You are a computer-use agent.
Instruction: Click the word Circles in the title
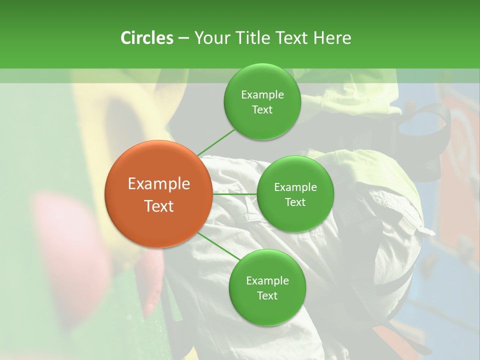[x=147, y=38]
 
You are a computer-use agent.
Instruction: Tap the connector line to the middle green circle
[x=234, y=193]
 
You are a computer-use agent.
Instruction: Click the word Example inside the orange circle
[x=159, y=184]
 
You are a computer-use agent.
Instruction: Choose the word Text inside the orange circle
[x=159, y=206]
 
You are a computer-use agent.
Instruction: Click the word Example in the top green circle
[x=262, y=95]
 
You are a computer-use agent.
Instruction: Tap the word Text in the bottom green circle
[x=267, y=295]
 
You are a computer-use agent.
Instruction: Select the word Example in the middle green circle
[x=295, y=187]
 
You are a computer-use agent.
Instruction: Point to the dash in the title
[x=183, y=38]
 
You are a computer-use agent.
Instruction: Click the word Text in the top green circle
[x=262, y=110]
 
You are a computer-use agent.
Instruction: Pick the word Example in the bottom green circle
[x=267, y=280]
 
